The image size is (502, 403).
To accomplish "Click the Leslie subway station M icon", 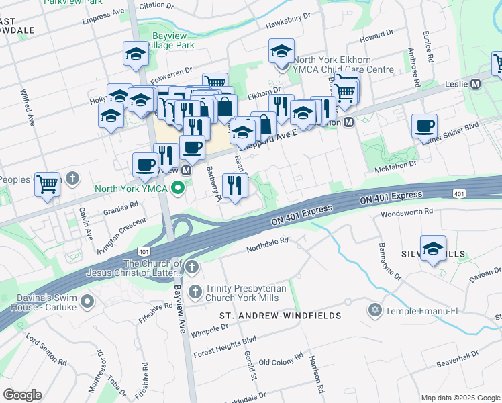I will coord(476,84).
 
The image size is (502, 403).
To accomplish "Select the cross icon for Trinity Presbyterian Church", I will coord(195,292).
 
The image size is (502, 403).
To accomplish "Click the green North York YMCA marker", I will coord(178,188).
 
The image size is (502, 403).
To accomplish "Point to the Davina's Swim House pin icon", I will coord(87,302).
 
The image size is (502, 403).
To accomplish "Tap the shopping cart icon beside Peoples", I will coord(48,183).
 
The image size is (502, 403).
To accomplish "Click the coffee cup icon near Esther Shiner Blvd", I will coord(424,126).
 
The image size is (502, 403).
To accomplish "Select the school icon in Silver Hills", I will coord(434,248).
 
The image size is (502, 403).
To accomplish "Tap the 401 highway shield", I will coord(459,194).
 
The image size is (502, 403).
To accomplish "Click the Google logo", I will coord(22,395).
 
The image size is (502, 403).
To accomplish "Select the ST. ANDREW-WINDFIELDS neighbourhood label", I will coord(281,316).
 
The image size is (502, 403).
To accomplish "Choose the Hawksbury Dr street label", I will coord(289,21).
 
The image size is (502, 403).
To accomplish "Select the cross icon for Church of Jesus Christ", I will coord(191,268).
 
